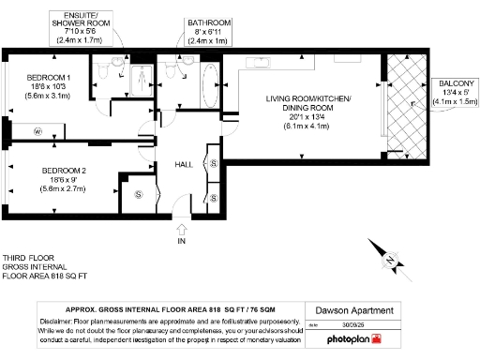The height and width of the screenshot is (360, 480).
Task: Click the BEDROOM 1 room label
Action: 48,76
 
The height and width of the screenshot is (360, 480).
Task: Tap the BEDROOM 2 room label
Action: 50,170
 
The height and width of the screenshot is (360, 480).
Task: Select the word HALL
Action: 185,165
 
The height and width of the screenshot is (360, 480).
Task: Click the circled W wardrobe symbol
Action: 37,131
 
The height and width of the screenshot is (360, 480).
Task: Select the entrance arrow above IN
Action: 181,226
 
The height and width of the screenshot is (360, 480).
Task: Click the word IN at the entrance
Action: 181,241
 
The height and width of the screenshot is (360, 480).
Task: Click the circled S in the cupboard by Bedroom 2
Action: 139,195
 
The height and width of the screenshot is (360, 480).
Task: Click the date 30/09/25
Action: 354,324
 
